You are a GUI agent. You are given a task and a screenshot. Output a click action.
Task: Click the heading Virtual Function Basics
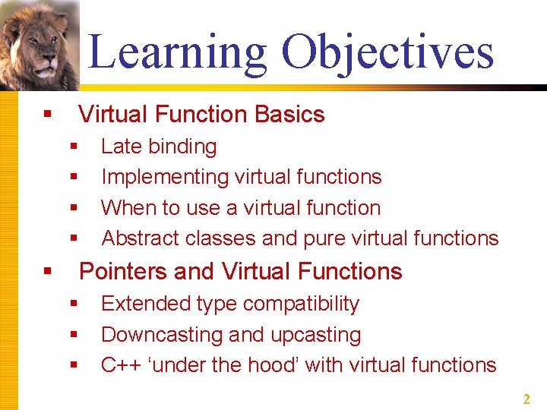201,115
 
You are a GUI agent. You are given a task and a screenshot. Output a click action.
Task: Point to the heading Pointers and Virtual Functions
240,272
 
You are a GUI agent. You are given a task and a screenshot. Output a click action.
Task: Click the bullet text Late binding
159,147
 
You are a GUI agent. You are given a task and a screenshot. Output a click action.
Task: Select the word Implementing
165,177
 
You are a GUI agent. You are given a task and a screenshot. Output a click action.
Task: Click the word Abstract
141,238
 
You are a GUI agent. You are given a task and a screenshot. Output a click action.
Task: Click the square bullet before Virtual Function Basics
47,115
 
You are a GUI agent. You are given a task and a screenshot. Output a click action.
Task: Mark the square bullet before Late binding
74,147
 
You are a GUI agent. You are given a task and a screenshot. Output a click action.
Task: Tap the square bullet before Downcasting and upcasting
74,335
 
